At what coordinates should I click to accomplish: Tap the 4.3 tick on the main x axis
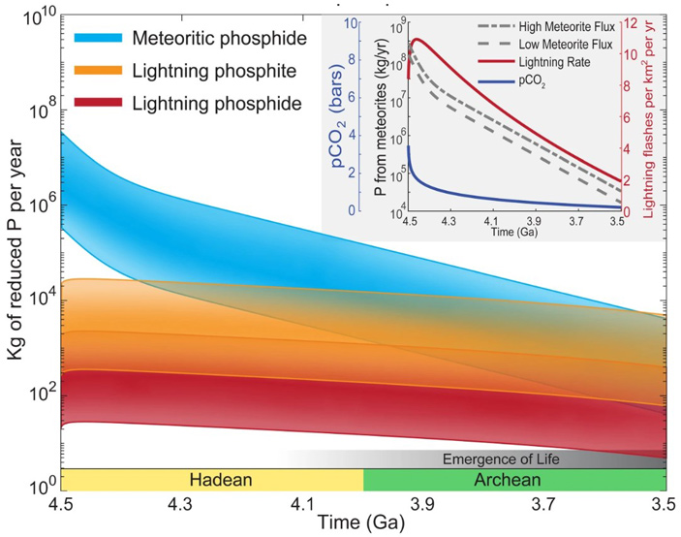181,505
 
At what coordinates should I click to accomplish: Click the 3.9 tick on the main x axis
423,505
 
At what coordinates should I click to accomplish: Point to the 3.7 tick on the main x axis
544,505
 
